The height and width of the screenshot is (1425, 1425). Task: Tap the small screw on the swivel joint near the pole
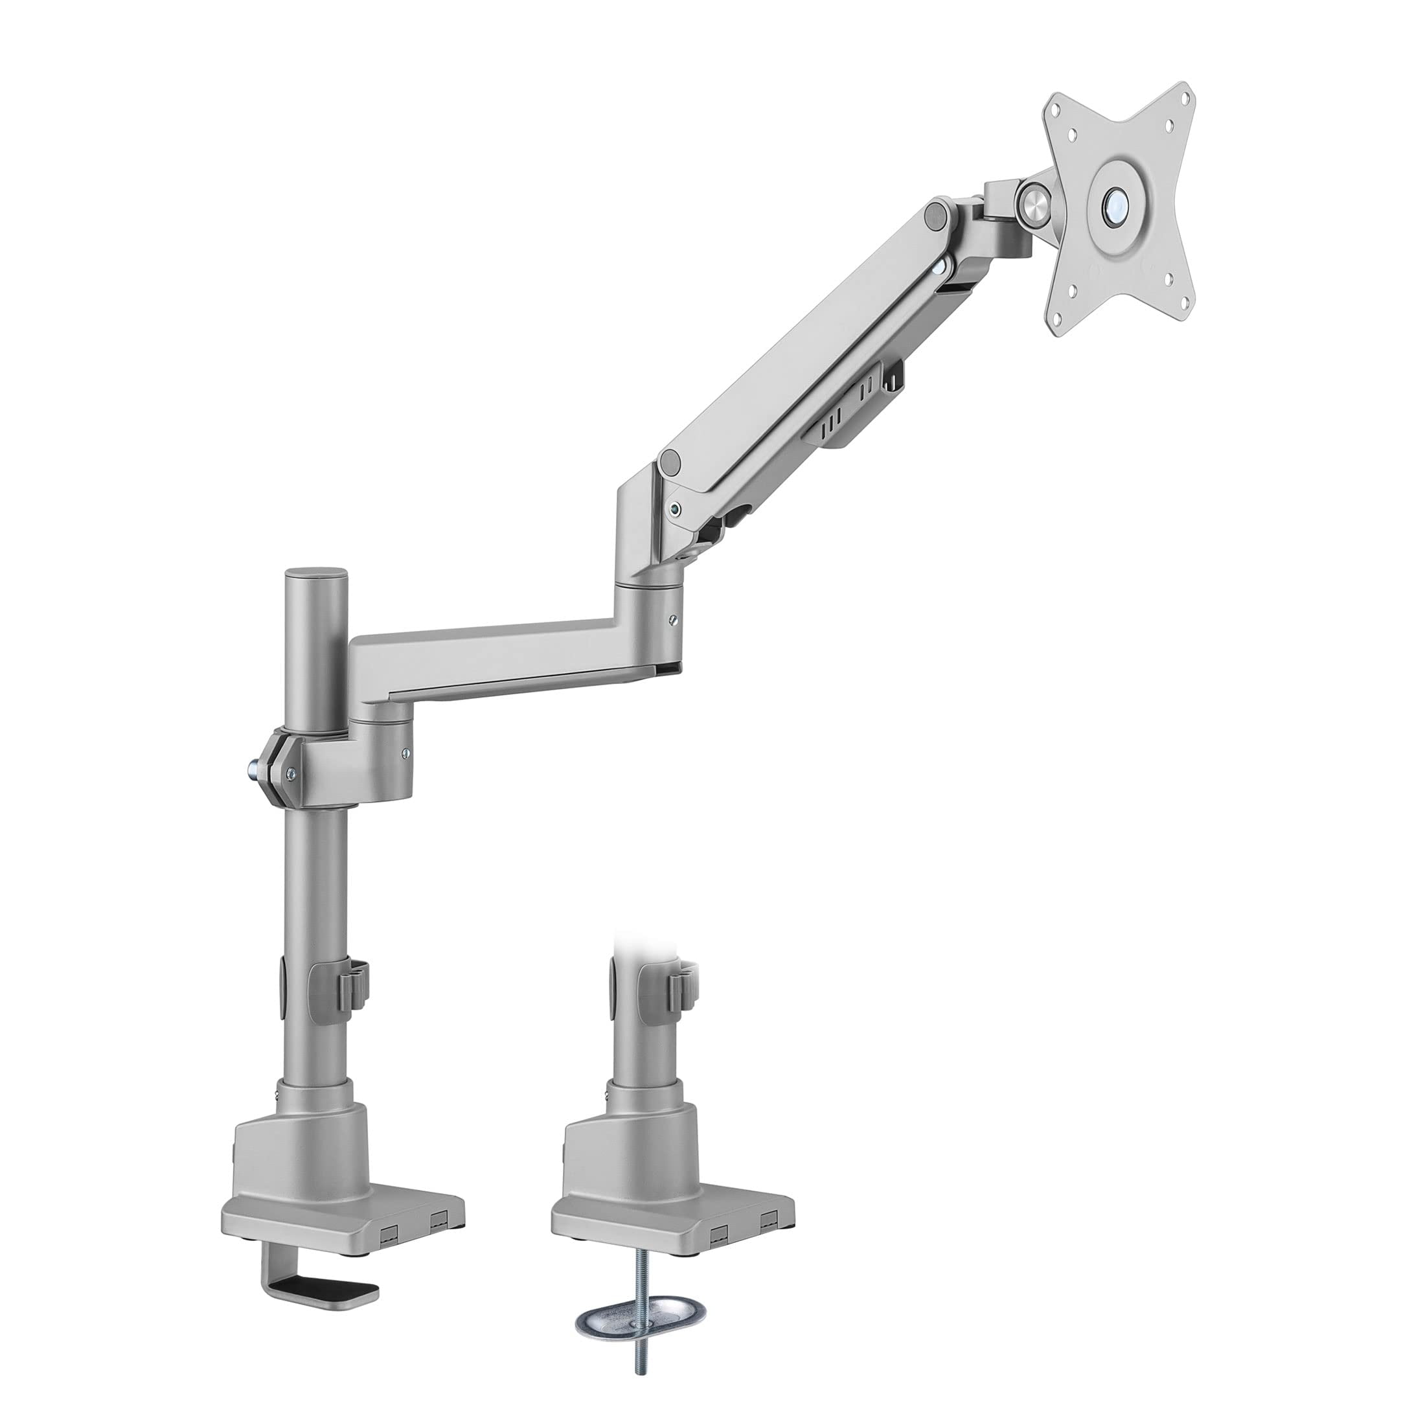[405, 753]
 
